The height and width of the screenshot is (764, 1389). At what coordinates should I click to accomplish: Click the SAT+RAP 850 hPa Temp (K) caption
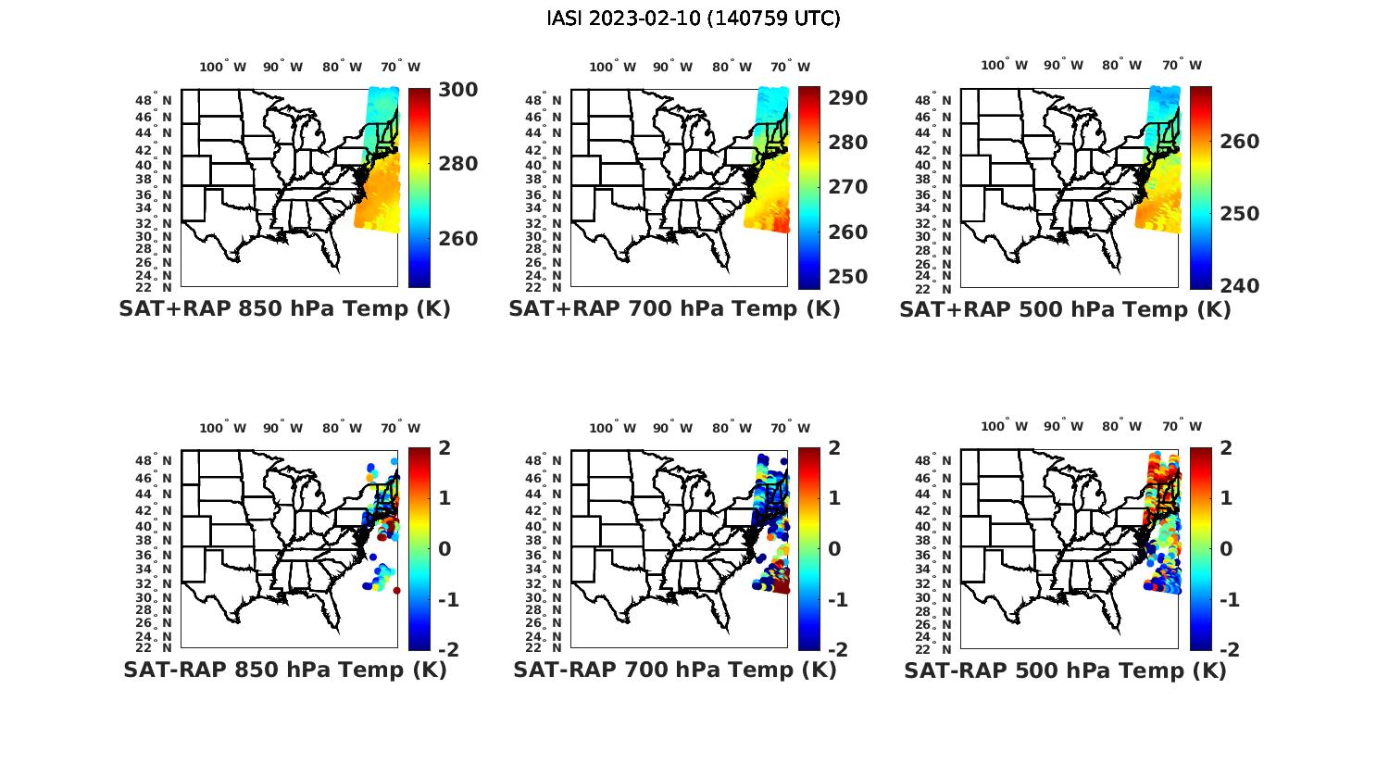click(284, 309)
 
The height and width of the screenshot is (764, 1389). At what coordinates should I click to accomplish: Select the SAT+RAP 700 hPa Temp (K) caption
click(674, 309)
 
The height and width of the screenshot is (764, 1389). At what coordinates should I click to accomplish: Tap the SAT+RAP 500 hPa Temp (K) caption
click(1065, 309)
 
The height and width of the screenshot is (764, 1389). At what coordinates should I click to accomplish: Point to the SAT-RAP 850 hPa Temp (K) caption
click(284, 670)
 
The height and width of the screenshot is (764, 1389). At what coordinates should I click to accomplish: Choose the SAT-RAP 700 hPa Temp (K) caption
click(674, 670)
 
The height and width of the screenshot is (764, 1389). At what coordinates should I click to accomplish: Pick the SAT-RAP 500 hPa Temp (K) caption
click(1065, 670)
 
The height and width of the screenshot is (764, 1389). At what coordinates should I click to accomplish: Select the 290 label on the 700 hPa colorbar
click(846, 98)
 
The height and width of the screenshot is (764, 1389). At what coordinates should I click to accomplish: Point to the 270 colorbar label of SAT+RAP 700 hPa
click(846, 187)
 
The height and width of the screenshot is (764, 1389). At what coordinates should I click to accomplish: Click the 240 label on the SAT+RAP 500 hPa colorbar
click(1239, 286)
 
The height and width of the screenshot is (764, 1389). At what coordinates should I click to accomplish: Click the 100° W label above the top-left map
click(222, 67)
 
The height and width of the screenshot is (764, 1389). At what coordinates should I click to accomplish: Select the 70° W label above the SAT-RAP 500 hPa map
click(1182, 427)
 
